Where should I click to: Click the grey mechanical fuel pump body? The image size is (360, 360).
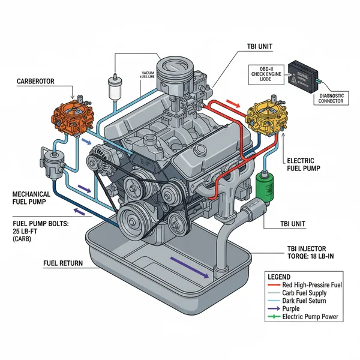[x=50, y=160]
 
